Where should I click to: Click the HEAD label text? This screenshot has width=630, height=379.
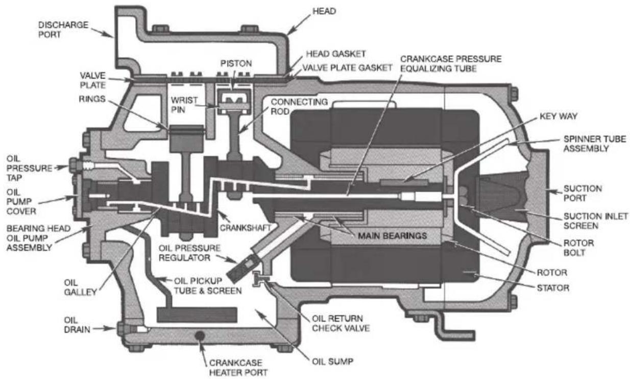(324, 11)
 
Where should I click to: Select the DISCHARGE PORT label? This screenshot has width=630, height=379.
(63, 30)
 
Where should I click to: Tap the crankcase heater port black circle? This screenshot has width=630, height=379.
(200, 336)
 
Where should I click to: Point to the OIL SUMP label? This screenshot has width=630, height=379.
(332, 362)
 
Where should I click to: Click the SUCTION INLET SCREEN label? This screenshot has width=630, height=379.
(596, 221)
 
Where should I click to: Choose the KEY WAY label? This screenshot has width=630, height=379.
(559, 116)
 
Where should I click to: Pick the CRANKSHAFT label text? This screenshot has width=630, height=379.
(245, 228)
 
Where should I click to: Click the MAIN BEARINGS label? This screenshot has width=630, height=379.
(392, 235)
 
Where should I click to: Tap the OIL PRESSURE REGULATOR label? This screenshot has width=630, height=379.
(189, 253)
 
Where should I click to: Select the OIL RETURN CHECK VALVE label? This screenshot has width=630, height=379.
(341, 323)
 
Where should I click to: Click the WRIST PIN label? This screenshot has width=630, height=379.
(184, 105)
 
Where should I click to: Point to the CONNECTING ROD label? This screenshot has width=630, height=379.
(299, 106)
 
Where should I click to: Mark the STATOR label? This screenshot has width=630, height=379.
(553, 288)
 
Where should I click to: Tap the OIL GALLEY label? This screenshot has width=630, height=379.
(81, 287)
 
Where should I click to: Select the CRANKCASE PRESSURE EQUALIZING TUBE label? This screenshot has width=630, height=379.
(451, 63)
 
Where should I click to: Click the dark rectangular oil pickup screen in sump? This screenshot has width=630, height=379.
(197, 315)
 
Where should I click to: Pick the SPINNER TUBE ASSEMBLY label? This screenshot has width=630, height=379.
(595, 144)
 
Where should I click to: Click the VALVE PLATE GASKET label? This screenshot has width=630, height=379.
(347, 67)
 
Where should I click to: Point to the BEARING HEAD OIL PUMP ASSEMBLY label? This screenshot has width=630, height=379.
(38, 238)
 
